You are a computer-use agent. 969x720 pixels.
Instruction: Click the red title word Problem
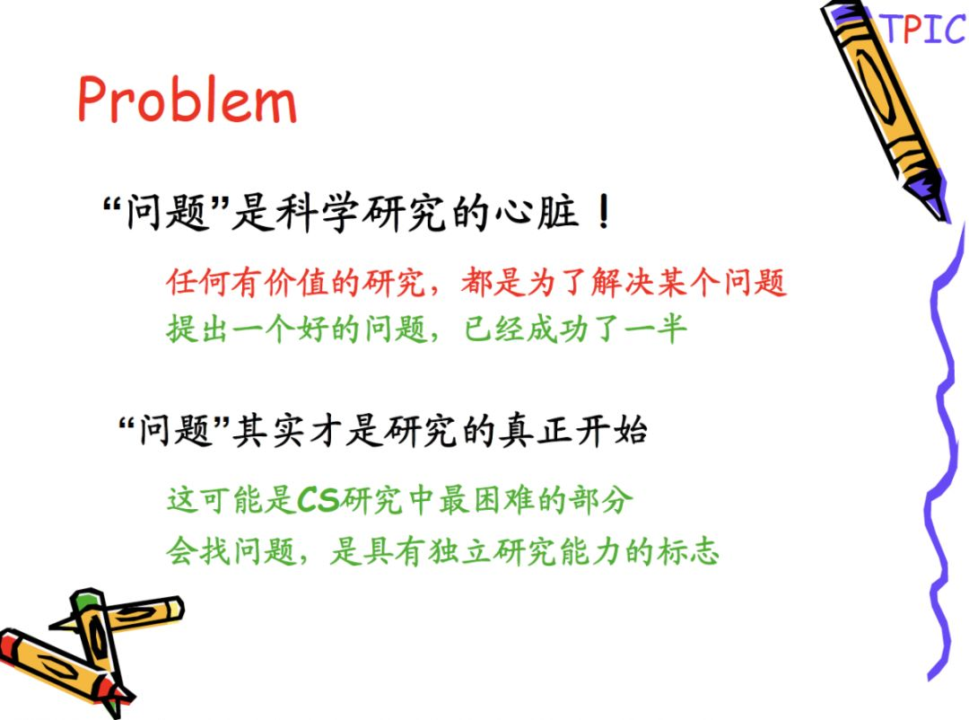[x=187, y=99]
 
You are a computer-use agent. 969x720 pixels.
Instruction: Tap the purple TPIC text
[x=925, y=29]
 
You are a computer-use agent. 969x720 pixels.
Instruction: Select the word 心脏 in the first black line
[x=537, y=212]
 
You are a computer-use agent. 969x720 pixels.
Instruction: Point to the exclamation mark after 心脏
[x=604, y=212]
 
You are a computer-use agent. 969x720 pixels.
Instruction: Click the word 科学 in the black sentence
[x=317, y=212]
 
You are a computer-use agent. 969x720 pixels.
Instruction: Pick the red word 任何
[x=198, y=282]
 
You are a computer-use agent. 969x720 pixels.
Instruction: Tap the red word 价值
[x=297, y=282]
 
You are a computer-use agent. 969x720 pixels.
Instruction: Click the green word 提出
[x=198, y=329]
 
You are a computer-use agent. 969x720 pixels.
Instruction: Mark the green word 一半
[x=656, y=329]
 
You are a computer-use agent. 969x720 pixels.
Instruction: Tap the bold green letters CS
[x=319, y=500]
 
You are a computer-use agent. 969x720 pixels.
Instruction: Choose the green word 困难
[x=488, y=500]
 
